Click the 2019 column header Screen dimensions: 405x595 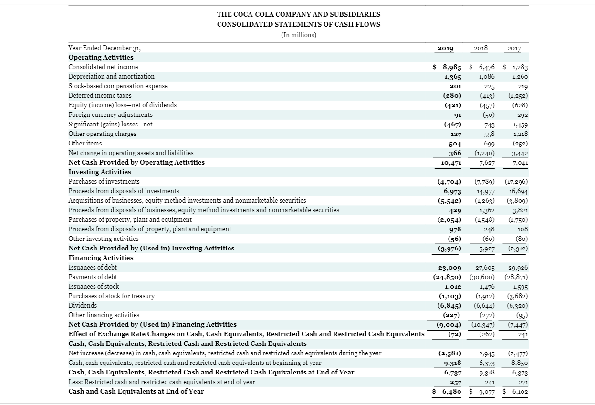click(x=446, y=48)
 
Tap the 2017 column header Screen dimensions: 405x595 click(x=514, y=48)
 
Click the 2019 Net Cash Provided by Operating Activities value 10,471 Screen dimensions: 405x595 click(x=449, y=163)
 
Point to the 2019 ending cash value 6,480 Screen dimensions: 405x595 click(x=449, y=392)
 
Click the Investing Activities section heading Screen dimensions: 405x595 click(x=100, y=172)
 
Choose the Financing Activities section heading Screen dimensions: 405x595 click(x=101, y=258)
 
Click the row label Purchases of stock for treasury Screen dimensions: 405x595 click(x=112, y=296)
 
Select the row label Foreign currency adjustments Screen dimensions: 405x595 click(x=111, y=114)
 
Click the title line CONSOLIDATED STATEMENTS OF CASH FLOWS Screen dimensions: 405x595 click(x=299, y=24)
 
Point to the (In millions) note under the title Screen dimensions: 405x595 click(x=299, y=35)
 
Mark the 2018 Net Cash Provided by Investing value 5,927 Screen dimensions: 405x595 click(x=485, y=249)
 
